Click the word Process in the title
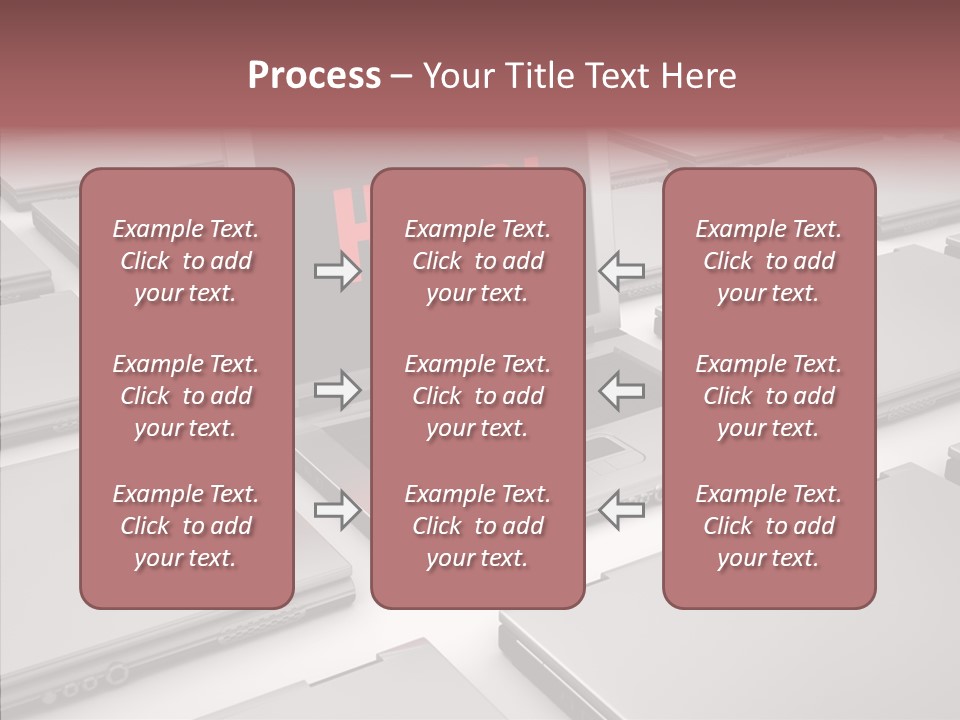point(314,76)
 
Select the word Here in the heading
point(699,76)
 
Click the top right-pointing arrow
point(337,271)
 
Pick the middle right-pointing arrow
point(337,390)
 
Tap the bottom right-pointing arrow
point(337,511)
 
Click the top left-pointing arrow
point(622,271)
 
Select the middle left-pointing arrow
point(622,390)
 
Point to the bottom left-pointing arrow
point(622,511)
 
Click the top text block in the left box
point(186,261)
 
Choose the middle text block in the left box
point(186,396)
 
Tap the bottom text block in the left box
point(186,526)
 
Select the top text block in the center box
point(477,261)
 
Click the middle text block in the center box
point(477,396)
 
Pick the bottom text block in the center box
point(477,526)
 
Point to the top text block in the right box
point(768,261)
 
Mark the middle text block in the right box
point(768,396)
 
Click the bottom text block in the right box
point(768,526)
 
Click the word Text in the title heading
point(613,76)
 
